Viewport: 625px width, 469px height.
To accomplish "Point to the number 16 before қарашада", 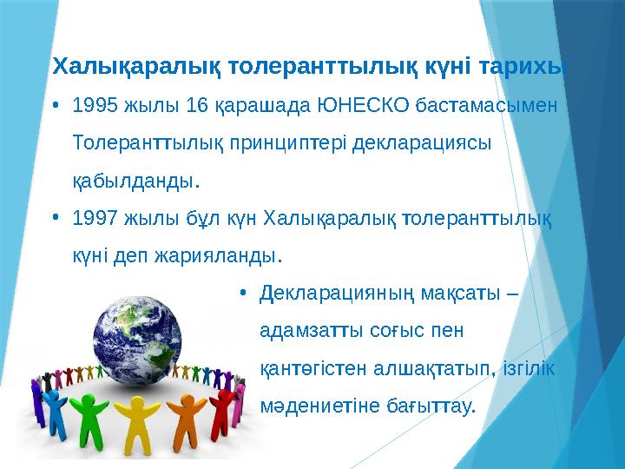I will click(x=198, y=107).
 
